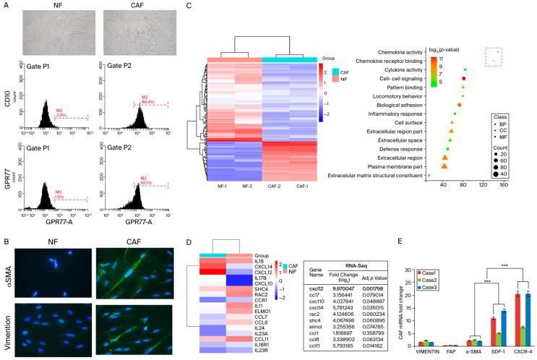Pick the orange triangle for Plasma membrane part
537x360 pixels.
444,166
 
